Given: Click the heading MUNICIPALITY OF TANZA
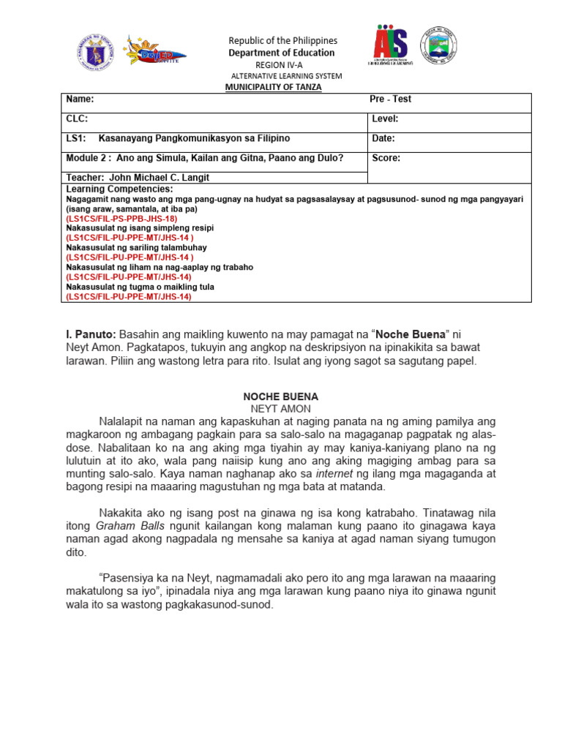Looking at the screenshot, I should pyautogui.click(x=277, y=87).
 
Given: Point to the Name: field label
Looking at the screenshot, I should pyautogui.click(x=80, y=99).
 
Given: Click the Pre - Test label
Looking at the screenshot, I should pyautogui.click(x=390, y=99).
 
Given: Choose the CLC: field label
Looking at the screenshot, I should pyautogui.click(x=77, y=118).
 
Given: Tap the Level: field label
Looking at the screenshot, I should pyautogui.click(x=385, y=118).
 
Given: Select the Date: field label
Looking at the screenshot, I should pyautogui.click(x=383, y=138).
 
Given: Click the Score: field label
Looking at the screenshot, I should pyautogui.click(x=386, y=158).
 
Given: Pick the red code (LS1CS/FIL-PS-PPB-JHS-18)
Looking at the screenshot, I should pyautogui.click(x=121, y=219).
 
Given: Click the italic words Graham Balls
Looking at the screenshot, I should pyautogui.click(x=123, y=526).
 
